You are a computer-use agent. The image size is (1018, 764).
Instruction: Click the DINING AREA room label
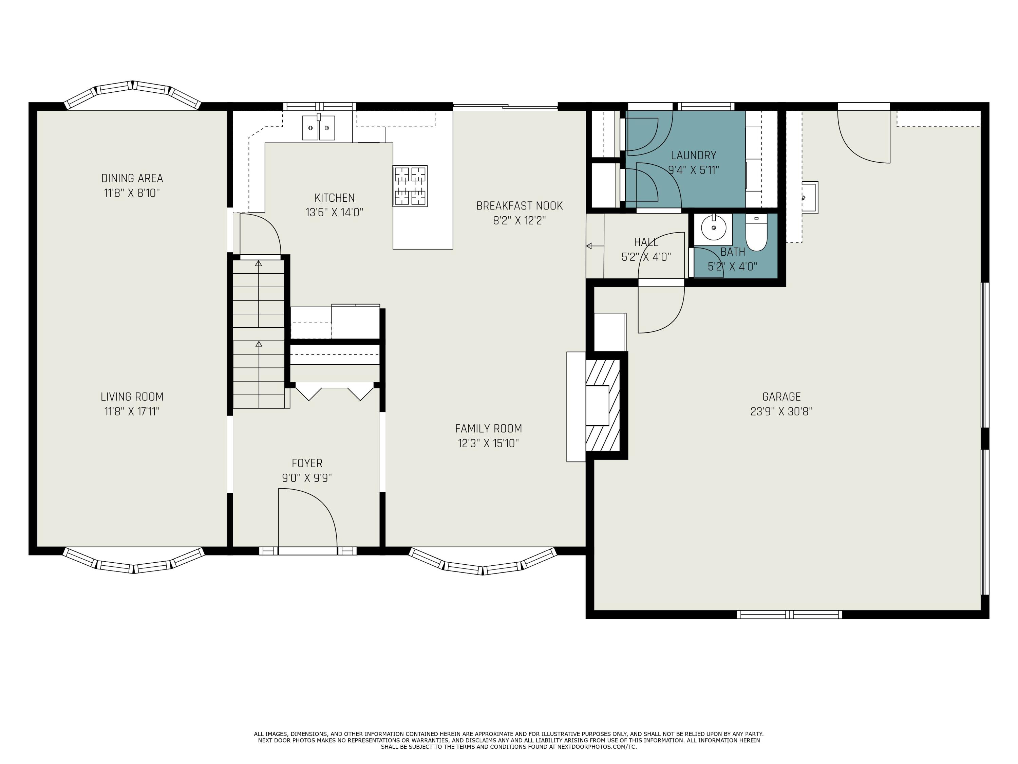click(x=132, y=178)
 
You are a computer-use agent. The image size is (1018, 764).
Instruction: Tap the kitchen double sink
click(x=319, y=128)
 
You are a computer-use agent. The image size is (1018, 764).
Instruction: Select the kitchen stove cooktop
click(x=410, y=186)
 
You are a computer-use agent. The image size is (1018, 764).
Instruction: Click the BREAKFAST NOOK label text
click(x=519, y=206)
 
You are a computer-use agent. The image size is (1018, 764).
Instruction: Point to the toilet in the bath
click(x=756, y=234)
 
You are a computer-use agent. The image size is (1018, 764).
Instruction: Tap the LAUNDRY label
click(x=694, y=155)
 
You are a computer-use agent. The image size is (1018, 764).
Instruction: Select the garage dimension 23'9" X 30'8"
click(x=781, y=412)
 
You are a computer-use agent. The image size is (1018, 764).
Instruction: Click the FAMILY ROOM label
click(x=488, y=429)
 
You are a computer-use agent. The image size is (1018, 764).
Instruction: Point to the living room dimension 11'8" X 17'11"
click(x=132, y=412)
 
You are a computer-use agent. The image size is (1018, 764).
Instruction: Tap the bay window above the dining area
click(x=133, y=94)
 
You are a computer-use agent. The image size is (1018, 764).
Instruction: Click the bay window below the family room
click(x=483, y=563)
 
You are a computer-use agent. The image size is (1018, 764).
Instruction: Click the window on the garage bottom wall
click(x=789, y=614)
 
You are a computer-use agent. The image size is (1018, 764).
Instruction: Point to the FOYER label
click(x=307, y=463)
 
